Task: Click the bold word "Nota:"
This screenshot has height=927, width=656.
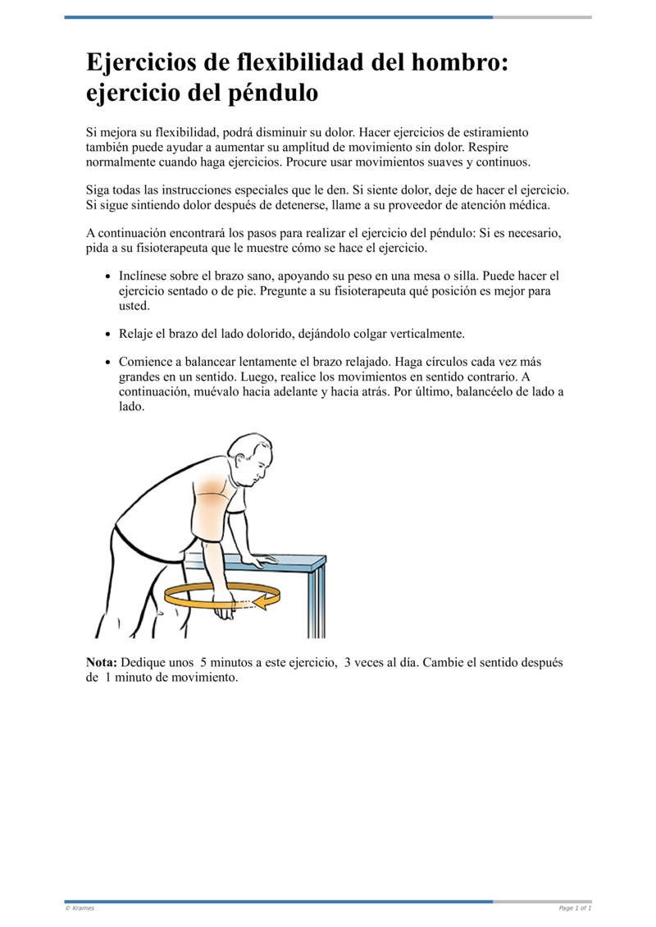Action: (102, 662)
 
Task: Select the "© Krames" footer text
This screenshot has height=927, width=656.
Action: (80, 908)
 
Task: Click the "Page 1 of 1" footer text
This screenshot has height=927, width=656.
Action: (575, 908)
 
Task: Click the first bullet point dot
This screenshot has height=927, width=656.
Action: (109, 277)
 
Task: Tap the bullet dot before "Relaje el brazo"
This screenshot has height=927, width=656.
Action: (109, 335)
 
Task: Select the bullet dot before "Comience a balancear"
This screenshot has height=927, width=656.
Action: (109, 363)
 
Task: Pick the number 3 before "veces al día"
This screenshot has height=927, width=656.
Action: (348, 662)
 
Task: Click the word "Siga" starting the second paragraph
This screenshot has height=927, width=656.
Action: (99, 190)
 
